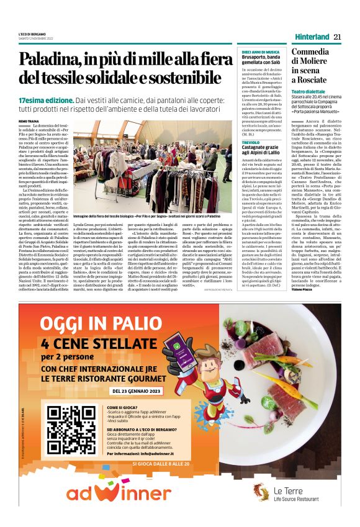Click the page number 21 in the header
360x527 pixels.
tap(338, 37)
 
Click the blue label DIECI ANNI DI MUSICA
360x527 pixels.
tap(260, 52)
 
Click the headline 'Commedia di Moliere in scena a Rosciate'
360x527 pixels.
tap(311, 66)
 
